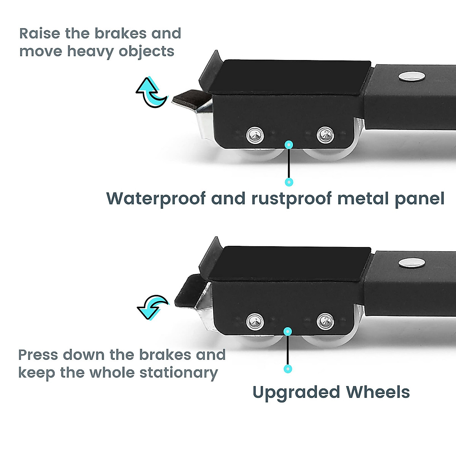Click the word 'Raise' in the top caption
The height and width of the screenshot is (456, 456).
40,33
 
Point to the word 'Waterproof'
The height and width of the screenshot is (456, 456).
156,199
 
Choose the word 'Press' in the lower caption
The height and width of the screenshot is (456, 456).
38,355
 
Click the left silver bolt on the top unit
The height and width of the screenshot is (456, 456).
255,135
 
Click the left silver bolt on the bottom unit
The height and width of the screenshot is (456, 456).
255,321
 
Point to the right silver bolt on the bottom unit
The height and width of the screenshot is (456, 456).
325,321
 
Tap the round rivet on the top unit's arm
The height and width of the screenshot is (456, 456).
412,77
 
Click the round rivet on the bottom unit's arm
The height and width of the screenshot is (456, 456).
412,263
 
